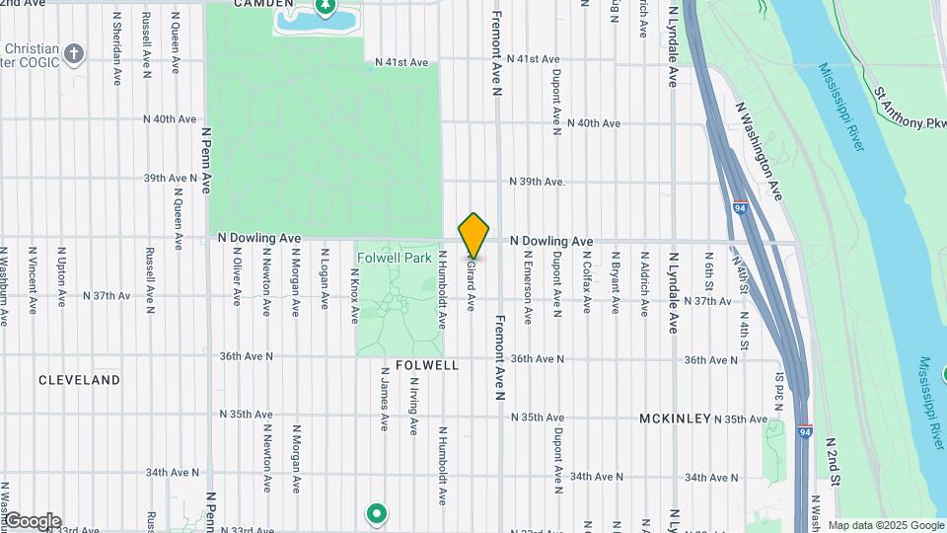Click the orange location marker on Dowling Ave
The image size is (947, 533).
473,235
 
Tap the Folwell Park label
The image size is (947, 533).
394,258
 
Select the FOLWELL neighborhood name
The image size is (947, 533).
427,365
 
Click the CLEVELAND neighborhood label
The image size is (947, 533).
79,380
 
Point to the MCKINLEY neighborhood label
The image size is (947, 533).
675,419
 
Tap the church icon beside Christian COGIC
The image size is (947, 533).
75,52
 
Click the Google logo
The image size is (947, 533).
32,521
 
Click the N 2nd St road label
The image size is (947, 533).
834,462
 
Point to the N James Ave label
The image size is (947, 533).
384,400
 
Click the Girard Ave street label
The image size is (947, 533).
472,285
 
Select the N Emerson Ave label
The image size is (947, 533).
528,290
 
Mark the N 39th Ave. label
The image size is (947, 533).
537,182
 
